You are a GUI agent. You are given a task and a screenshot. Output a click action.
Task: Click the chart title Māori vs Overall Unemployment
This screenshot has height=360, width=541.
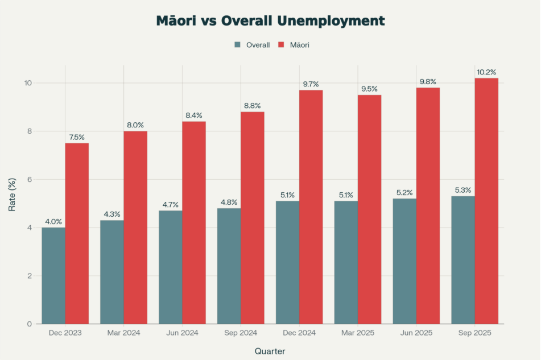[270, 21]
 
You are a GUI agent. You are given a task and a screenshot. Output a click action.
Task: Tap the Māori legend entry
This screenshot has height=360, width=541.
[294, 45]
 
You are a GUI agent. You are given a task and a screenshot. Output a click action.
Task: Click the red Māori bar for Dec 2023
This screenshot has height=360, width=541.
[77, 233]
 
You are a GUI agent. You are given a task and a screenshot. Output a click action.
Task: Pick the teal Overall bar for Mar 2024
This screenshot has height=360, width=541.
[111, 272]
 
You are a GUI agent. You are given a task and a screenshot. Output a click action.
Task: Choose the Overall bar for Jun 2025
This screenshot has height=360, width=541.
[404, 261]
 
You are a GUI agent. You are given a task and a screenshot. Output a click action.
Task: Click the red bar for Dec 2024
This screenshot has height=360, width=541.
[311, 207]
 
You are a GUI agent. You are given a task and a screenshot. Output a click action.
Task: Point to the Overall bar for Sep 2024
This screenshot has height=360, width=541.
[229, 266]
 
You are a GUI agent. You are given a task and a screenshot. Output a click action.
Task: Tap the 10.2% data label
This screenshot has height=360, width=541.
[486, 72]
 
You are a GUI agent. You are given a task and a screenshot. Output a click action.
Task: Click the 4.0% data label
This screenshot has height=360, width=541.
[53, 222]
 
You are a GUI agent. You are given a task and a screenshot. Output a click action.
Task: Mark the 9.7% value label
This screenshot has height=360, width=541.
[311, 84]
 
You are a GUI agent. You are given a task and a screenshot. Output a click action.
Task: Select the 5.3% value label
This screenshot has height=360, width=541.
[463, 190]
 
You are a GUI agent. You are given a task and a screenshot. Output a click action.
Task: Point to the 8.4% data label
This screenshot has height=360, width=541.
[194, 115]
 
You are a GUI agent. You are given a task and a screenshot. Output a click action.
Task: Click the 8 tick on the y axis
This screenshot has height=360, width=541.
[28, 131]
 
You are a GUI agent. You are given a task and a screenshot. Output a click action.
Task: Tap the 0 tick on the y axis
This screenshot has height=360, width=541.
[28, 324]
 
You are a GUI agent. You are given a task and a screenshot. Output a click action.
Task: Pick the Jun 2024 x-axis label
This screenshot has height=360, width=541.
[182, 333]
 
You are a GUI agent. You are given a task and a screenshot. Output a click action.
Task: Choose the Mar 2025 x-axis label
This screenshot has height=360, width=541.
[358, 333]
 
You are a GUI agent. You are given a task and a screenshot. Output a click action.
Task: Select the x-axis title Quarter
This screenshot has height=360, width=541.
[270, 351]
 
